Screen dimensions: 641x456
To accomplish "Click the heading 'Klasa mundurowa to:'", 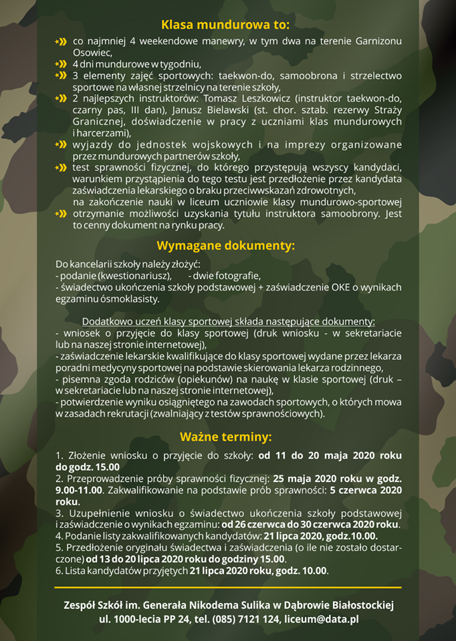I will (227, 25).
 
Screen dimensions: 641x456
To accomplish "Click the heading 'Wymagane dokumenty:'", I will (227, 245).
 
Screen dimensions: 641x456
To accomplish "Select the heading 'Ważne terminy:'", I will (227, 437).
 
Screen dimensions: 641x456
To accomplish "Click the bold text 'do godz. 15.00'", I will (88, 467).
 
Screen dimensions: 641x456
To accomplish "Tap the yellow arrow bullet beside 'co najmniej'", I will (61, 41).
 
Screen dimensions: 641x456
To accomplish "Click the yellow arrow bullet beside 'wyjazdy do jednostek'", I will (61, 144).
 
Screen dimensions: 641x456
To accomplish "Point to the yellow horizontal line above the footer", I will (228, 588).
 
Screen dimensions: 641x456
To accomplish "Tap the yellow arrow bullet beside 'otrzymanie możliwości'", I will (61, 214).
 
